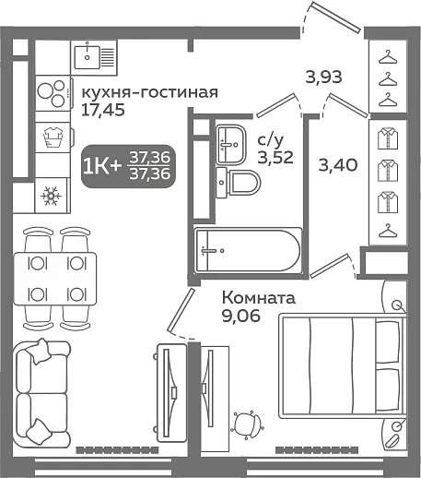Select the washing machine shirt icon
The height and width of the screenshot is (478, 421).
[x=53, y=137]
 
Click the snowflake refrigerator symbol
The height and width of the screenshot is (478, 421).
[x=51, y=196]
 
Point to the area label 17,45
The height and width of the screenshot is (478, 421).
[x=103, y=110]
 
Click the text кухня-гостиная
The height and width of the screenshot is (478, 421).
[x=149, y=92]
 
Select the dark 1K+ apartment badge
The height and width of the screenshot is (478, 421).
[x=128, y=166]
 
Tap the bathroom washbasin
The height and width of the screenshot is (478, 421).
[x=230, y=144]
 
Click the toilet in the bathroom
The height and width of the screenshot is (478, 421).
[x=238, y=184]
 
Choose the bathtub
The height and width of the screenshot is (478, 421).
[x=249, y=250]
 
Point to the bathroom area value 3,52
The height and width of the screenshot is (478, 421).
[x=275, y=158]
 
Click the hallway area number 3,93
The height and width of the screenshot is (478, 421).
[x=323, y=77]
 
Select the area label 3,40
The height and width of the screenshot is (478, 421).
[x=338, y=165]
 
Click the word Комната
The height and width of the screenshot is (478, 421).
[x=259, y=298]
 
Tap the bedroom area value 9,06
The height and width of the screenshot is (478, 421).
[x=241, y=316]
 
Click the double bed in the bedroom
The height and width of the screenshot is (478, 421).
[x=342, y=365]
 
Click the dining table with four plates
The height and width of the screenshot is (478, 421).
[x=55, y=279]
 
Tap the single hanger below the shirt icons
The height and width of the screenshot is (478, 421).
[x=388, y=231]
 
